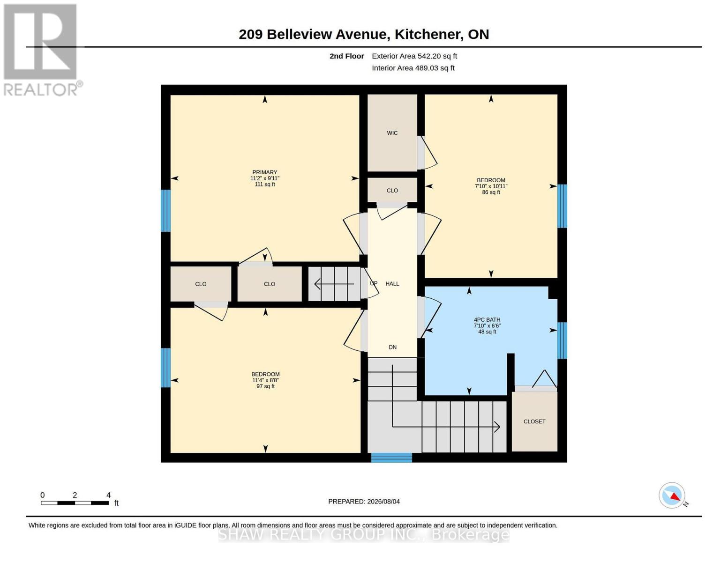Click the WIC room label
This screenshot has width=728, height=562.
(x=392, y=133)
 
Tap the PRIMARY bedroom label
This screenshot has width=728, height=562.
(x=265, y=172)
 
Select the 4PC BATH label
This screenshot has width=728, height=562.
(x=487, y=320)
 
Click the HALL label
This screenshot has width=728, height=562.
(x=392, y=284)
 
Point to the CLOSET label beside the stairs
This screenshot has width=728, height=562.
(x=534, y=421)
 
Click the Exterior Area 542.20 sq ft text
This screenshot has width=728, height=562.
(x=414, y=56)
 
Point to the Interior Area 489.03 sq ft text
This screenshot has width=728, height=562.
(x=413, y=68)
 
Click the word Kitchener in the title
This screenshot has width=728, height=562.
(x=427, y=34)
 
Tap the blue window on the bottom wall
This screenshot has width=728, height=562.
(x=391, y=458)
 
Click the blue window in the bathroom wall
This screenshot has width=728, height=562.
(x=562, y=340)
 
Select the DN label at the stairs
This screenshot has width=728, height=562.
(x=393, y=347)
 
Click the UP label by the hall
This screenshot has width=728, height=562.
(x=374, y=283)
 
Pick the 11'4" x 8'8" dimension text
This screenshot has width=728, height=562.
(x=265, y=380)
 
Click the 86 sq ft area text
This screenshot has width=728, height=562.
(x=491, y=192)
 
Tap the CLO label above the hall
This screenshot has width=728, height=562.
(x=392, y=191)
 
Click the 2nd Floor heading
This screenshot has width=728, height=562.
(x=346, y=56)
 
